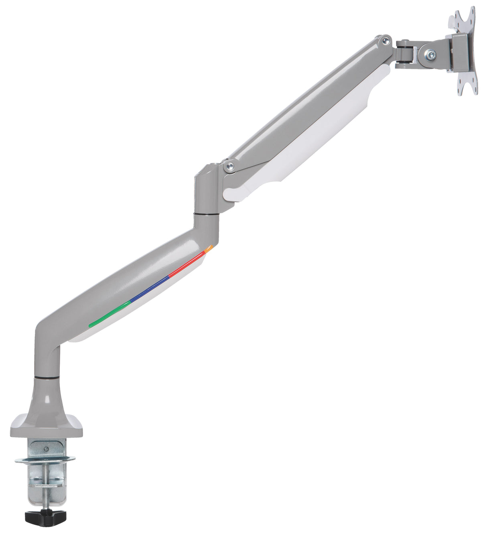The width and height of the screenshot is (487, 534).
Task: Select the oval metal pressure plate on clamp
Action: pyautogui.click(x=45, y=459)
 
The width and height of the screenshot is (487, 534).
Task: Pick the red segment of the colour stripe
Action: pyautogui.click(x=187, y=265)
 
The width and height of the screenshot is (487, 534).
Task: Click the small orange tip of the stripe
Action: pyautogui.click(x=209, y=249)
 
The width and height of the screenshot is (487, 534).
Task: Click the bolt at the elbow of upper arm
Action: pyautogui.click(x=230, y=166)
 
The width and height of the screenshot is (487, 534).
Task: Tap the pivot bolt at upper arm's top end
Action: pyautogui.click(x=386, y=40)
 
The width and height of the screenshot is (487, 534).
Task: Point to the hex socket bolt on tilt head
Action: pyautogui.click(x=431, y=53)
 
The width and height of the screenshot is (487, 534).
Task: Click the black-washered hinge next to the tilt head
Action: pyautogui.click(x=406, y=54)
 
